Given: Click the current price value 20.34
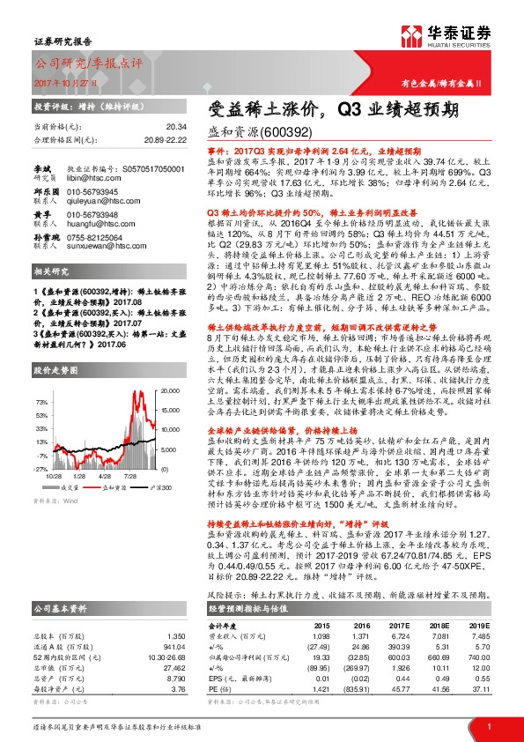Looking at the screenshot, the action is coord(175,128).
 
